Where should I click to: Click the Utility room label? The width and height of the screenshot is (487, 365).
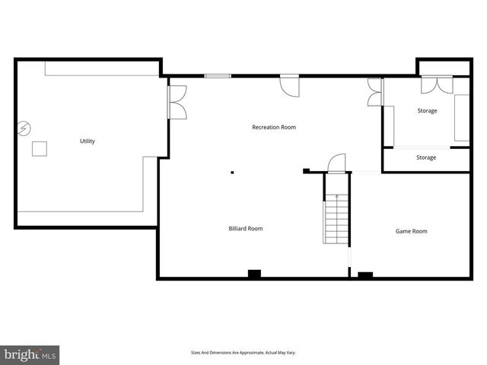tap(87, 141)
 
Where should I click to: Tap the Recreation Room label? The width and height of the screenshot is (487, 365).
tap(274, 127)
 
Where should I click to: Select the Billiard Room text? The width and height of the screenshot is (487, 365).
tap(246, 228)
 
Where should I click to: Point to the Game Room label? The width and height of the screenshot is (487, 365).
tap(411, 231)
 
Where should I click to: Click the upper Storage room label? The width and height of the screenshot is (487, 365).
tap(427, 111)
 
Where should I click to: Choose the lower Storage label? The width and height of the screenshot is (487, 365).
tap(426, 157)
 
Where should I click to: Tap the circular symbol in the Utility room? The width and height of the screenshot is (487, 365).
tap(24, 128)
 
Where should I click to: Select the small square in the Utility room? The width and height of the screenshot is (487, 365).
tap(39, 148)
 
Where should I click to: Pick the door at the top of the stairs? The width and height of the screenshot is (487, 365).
tap(336, 163)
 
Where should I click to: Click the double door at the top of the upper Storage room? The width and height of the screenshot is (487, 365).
tap(438, 85)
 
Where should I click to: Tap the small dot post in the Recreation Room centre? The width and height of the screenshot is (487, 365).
tap(234, 172)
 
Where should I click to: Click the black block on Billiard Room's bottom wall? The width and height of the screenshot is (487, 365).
tap(254, 273)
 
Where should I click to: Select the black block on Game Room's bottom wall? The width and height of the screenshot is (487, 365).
tap(365, 275)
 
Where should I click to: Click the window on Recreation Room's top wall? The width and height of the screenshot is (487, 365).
tap(218, 75)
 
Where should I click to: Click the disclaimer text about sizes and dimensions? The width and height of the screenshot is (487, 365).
tap(243, 353)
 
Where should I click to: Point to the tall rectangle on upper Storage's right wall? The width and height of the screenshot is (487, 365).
tap(462, 117)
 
